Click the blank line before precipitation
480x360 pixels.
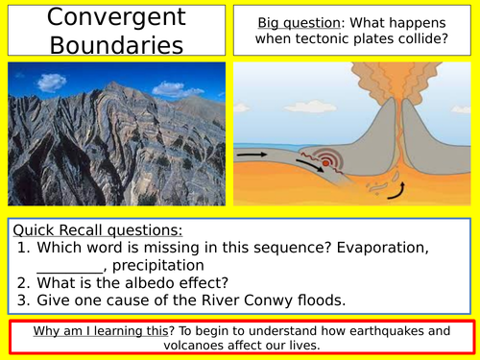69,267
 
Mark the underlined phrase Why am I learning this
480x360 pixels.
105,332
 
